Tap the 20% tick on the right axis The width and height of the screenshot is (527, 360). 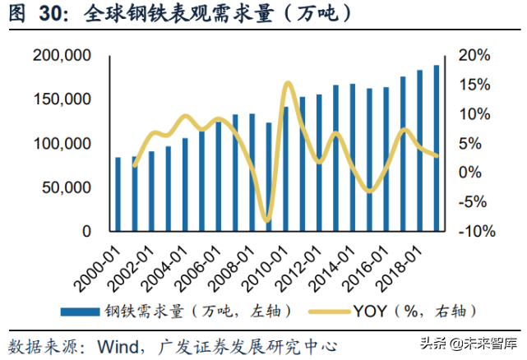474,56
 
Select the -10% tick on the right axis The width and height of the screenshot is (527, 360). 473,231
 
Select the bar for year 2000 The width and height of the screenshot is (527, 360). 118,194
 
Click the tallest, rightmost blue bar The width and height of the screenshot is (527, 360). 436,148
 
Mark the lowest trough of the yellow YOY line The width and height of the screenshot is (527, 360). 266,220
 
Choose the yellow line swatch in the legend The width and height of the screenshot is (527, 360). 326,312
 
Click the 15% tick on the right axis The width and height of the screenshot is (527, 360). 474,85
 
